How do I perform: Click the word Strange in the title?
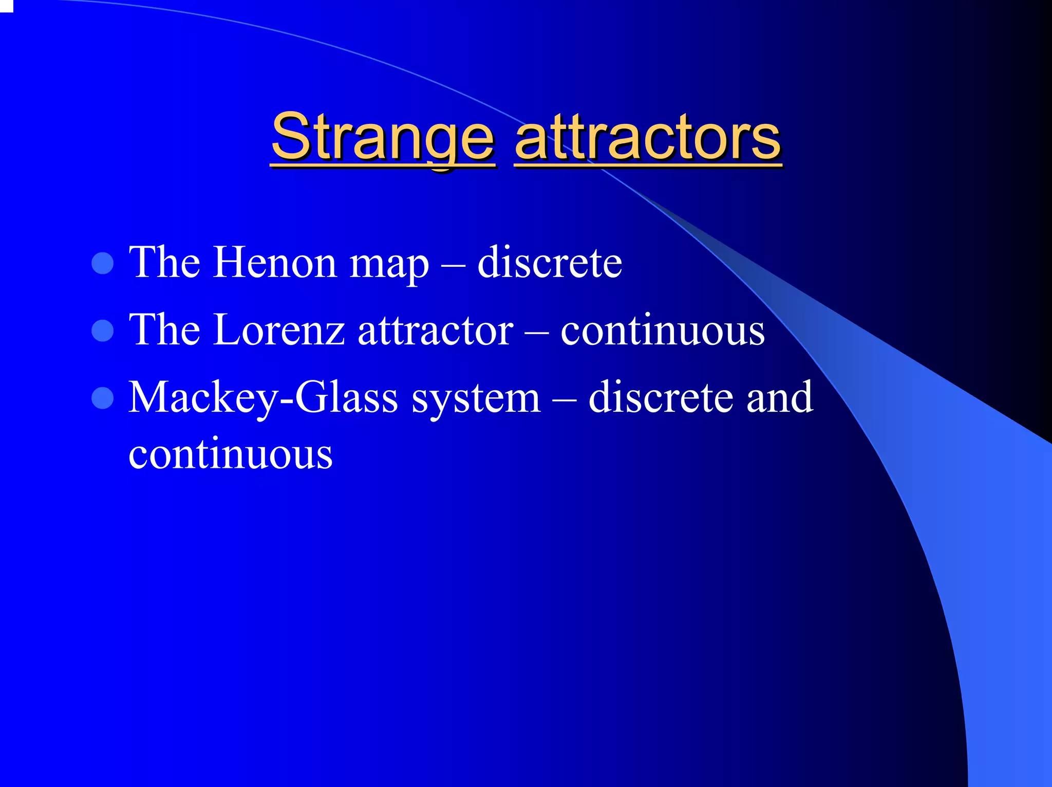click(383, 138)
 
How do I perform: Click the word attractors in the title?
click(648, 138)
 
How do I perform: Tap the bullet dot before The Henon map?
click(102, 263)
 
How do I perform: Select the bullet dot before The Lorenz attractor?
click(102, 331)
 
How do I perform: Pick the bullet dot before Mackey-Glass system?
click(102, 398)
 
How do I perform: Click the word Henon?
click(275, 263)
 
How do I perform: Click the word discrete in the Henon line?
click(550, 263)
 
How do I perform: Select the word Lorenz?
click(279, 330)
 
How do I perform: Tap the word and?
click(780, 397)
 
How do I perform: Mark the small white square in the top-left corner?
click(6, 5)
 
